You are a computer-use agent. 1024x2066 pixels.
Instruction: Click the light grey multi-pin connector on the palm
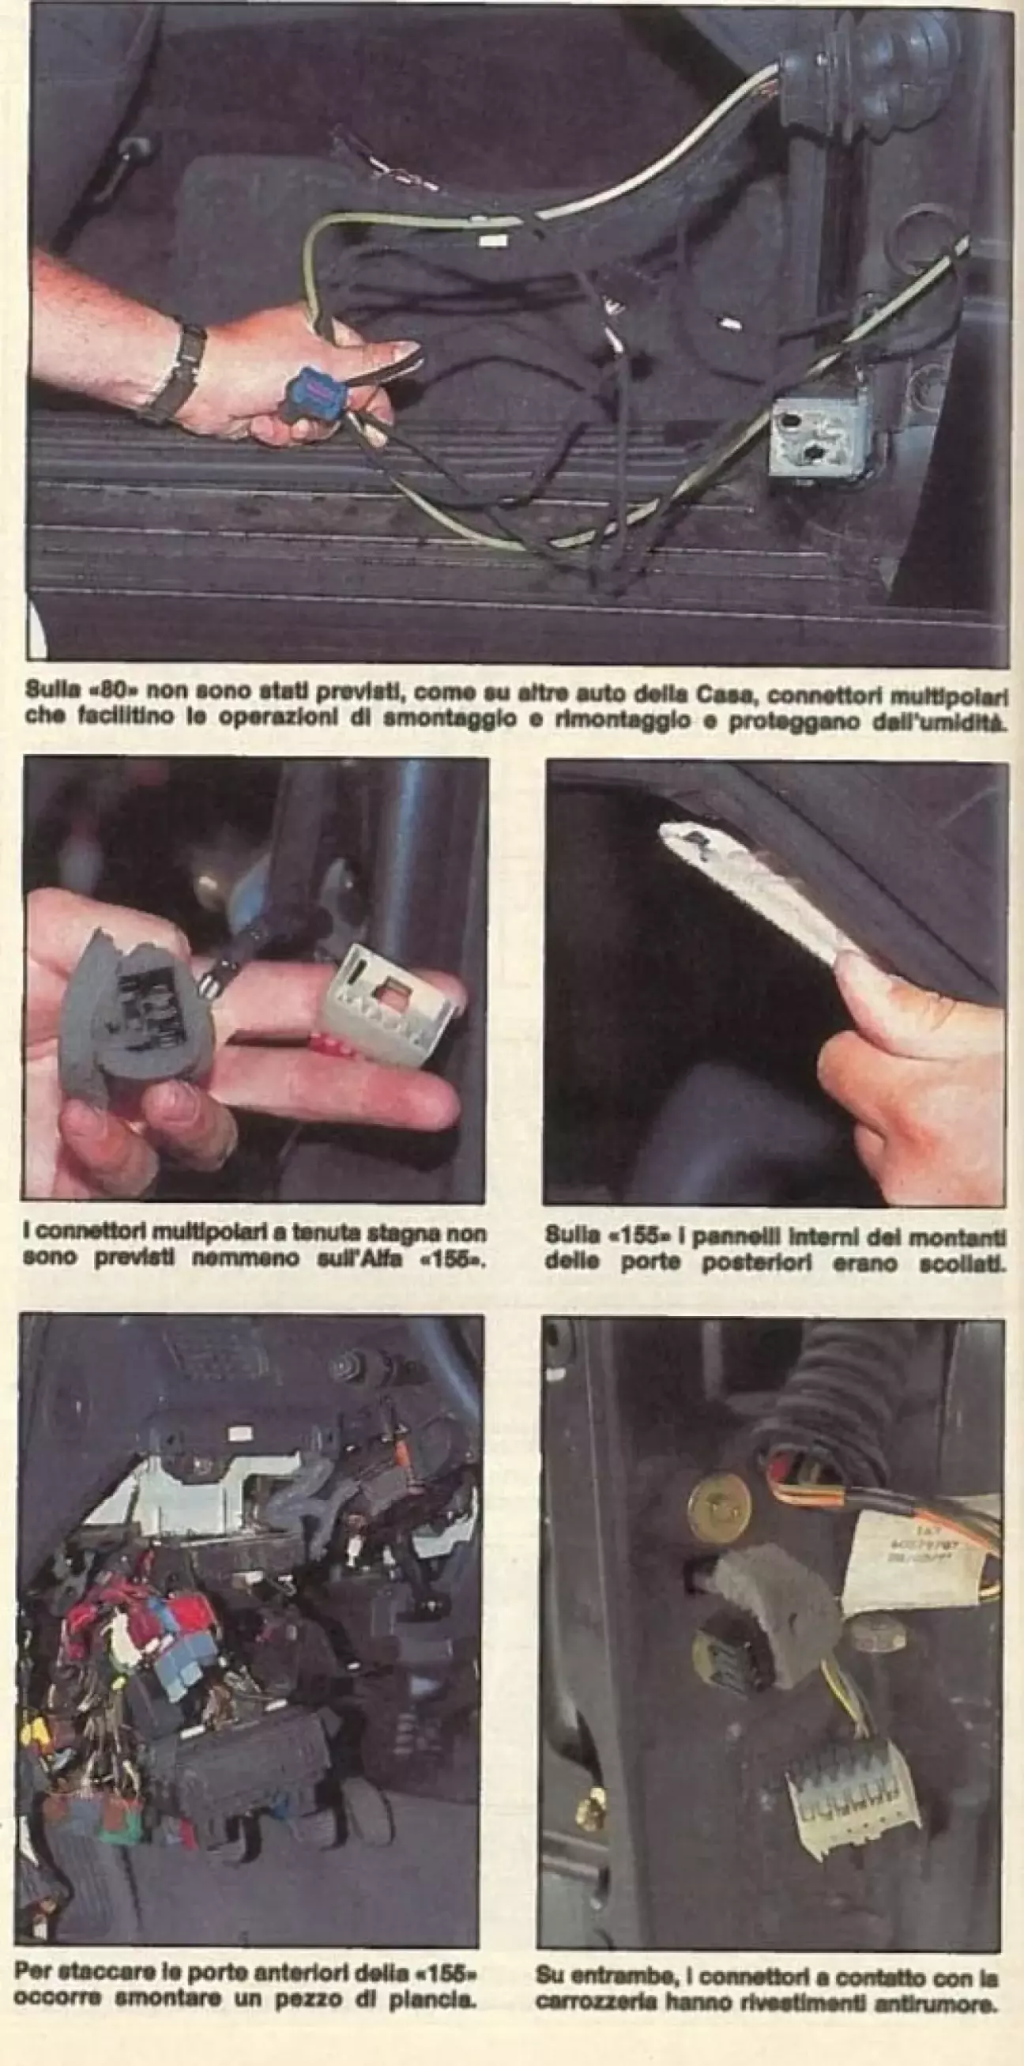384,1002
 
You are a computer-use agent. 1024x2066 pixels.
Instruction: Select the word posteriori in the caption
770,1262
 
